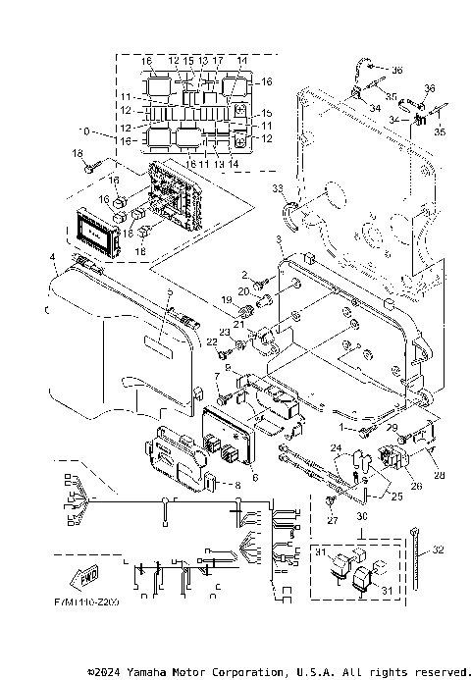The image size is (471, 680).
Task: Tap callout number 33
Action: [278, 188]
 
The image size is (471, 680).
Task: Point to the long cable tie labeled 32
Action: [421, 554]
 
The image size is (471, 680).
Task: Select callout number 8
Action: [236, 486]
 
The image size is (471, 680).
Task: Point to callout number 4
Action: [52, 258]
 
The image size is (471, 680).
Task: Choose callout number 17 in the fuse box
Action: [218, 61]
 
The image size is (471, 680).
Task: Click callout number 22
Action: [210, 340]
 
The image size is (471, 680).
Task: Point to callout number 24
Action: [335, 450]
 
